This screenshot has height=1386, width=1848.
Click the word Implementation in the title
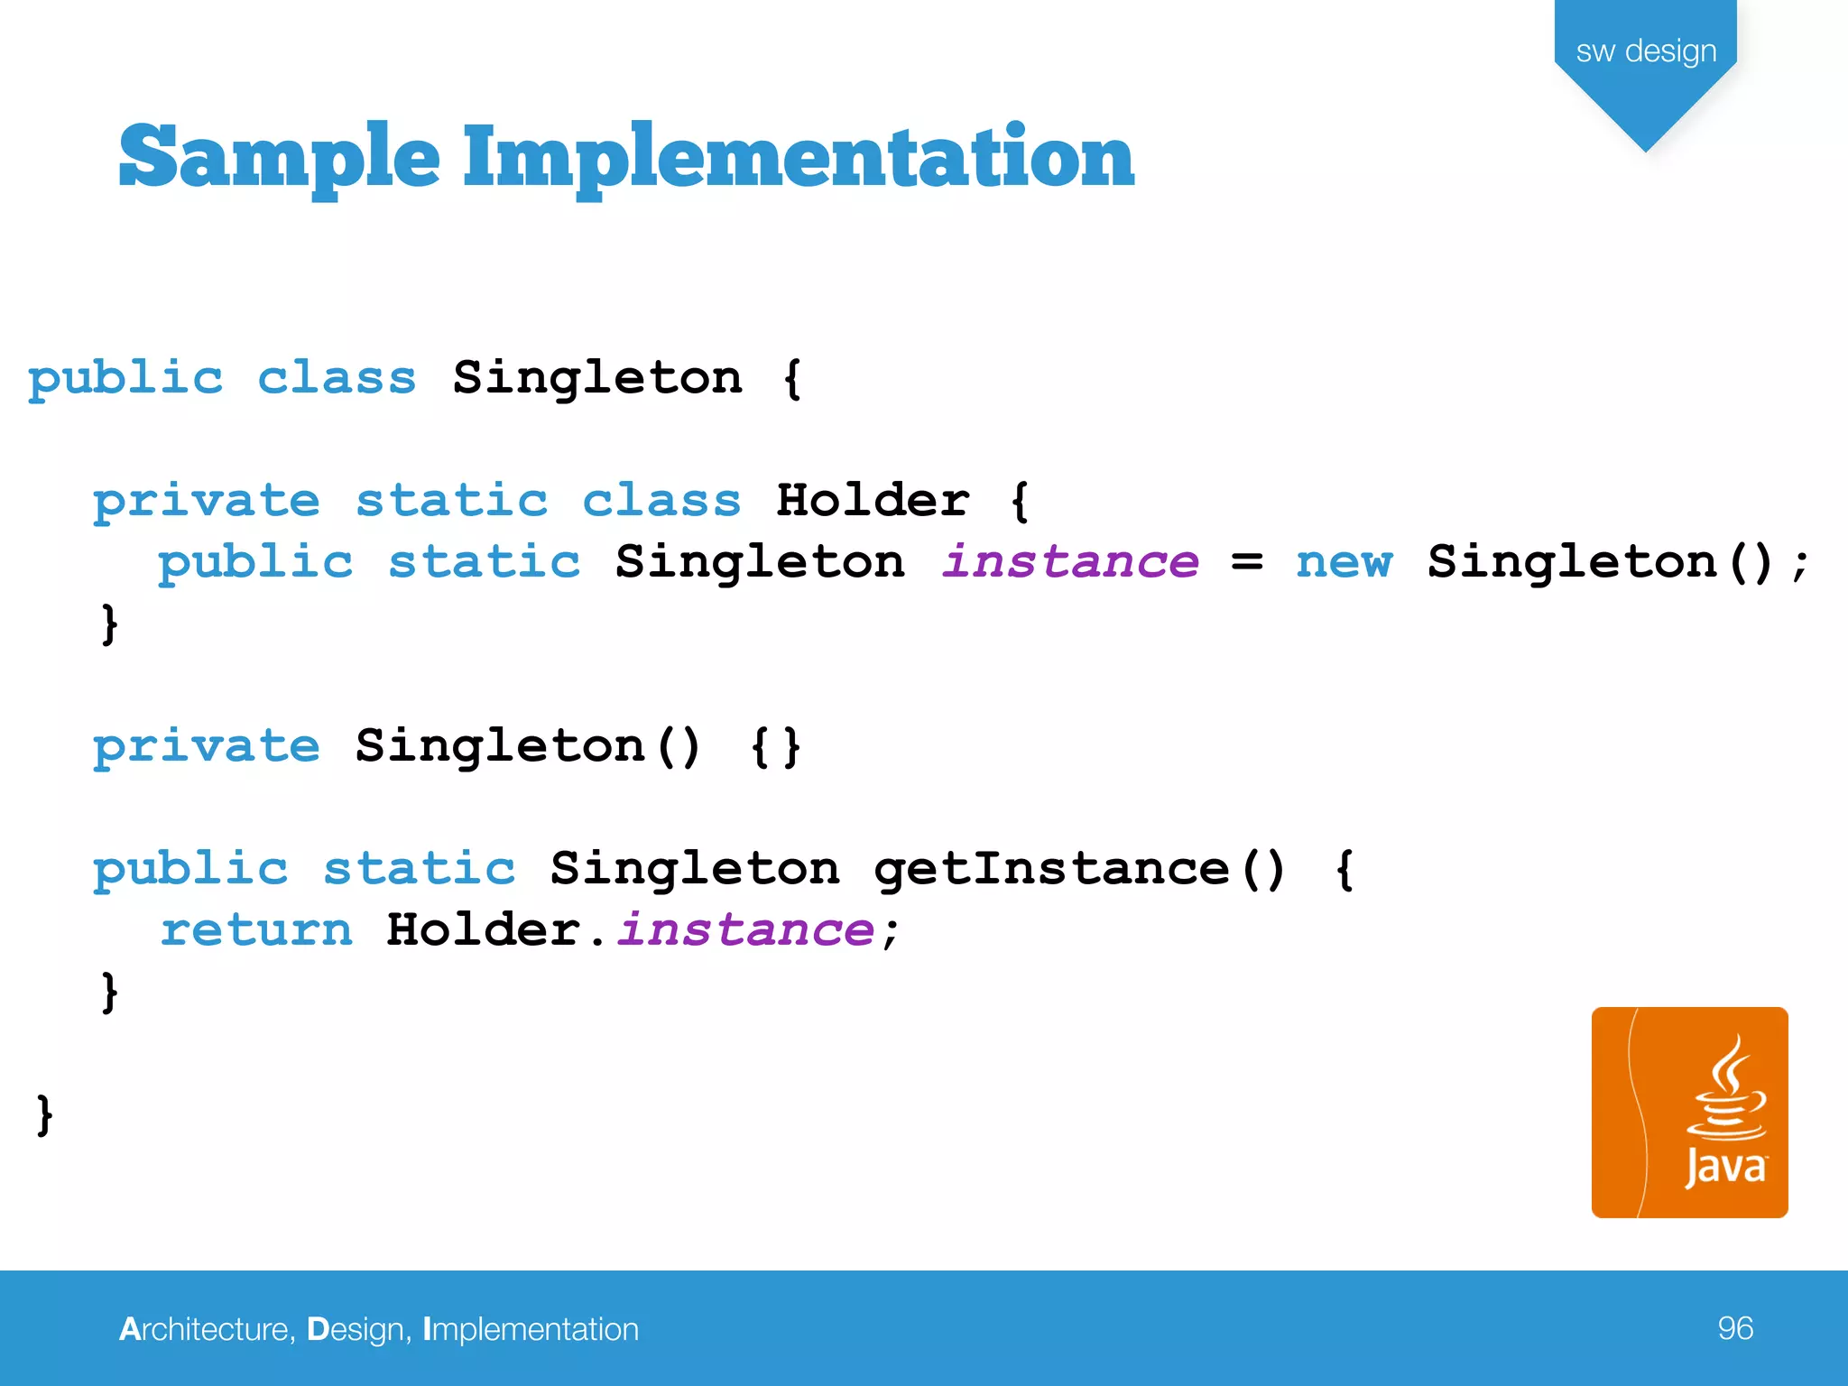click(798, 158)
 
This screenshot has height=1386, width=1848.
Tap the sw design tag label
click(1646, 51)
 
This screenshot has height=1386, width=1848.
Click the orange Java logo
click(1689, 1112)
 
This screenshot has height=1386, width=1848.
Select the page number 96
click(1734, 1328)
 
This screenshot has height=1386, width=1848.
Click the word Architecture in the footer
click(206, 1329)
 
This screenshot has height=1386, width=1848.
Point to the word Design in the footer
click(356, 1329)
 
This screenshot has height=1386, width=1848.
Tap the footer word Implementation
click(531, 1329)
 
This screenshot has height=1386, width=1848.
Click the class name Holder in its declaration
click(873, 501)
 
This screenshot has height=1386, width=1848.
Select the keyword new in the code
click(1344, 562)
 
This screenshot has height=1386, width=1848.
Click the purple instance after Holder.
click(745, 930)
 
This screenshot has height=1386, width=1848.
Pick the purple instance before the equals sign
click(1070, 562)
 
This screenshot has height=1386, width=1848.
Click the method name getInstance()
click(1079, 869)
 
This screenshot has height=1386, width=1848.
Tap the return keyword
click(256, 930)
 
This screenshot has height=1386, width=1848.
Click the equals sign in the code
click(1247, 562)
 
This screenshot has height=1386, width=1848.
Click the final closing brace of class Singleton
click(44, 1114)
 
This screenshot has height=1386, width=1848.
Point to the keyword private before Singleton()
click(206, 747)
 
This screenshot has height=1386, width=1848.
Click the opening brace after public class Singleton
click(792, 378)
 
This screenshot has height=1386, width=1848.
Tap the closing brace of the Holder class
click(109, 624)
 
